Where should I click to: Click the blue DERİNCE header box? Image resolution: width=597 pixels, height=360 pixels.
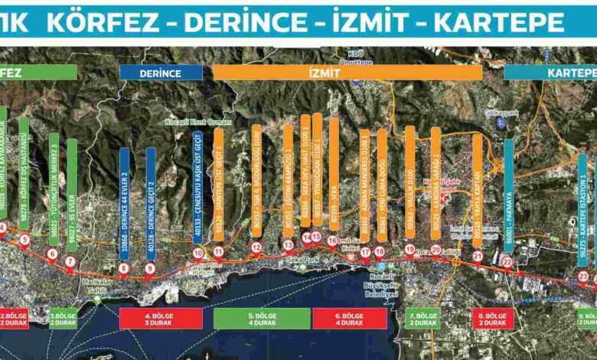coord(161,73)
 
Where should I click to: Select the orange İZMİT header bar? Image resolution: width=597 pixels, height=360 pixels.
coord(347,72)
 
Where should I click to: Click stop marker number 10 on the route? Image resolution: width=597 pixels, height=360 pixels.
coord(198,253)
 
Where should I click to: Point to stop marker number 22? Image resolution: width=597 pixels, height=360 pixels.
coord(507,262)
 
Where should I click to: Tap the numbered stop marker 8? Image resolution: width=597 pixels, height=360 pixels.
coord(124,268)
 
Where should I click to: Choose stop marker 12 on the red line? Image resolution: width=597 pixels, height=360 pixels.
coord(256,247)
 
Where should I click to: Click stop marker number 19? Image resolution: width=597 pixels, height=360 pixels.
coord(409,249)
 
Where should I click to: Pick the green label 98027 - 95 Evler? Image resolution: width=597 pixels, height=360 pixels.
coord(72,195)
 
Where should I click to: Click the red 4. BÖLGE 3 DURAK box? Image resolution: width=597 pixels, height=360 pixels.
coord(161,318)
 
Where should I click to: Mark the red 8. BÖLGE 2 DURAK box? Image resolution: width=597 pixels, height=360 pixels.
coord(492,318)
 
